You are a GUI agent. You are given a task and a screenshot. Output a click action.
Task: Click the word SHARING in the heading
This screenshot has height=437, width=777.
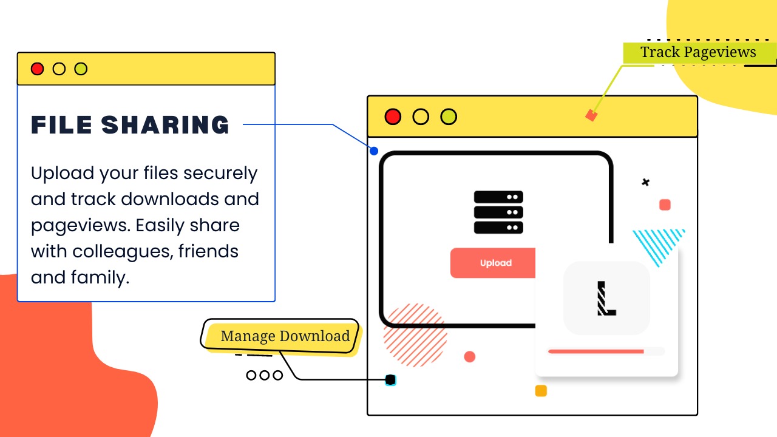pyautogui.click(x=165, y=125)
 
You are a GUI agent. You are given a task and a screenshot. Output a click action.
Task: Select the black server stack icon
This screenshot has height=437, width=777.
pyautogui.click(x=498, y=212)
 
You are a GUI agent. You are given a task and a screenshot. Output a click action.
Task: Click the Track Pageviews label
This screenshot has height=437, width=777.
pyautogui.click(x=698, y=53)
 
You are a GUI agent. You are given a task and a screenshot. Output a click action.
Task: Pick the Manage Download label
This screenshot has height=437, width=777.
pyautogui.click(x=285, y=336)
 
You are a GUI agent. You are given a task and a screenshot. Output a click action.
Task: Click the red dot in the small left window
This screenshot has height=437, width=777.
pyautogui.click(x=38, y=69)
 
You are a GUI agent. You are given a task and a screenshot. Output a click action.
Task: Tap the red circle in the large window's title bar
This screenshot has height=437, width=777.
pyautogui.click(x=393, y=117)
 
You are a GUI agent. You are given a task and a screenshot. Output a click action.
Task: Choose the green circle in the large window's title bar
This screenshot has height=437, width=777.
pyautogui.click(x=449, y=117)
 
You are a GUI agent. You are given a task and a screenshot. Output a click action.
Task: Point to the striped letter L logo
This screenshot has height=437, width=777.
pyautogui.click(x=606, y=298)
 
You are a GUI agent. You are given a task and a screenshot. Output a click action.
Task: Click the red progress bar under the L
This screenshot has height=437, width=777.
pyautogui.click(x=595, y=351)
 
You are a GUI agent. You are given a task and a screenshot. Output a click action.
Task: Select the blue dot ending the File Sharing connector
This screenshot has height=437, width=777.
pyautogui.click(x=374, y=151)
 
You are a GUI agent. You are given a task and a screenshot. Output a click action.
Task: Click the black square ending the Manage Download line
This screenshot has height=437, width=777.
pyautogui.click(x=391, y=380)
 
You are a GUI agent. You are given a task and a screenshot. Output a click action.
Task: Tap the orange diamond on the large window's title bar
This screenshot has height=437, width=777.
pyautogui.click(x=591, y=115)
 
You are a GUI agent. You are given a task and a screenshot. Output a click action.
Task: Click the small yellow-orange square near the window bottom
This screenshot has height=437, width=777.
pyautogui.click(x=541, y=391)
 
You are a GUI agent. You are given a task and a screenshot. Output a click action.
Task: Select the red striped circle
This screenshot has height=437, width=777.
pyautogui.click(x=415, y=335)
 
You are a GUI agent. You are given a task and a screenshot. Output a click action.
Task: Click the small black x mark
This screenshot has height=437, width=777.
pyautogui.click(x=645, y=182)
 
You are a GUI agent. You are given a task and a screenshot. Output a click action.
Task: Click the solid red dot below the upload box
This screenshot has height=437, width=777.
pyautogui.click(x=470, y=357)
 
